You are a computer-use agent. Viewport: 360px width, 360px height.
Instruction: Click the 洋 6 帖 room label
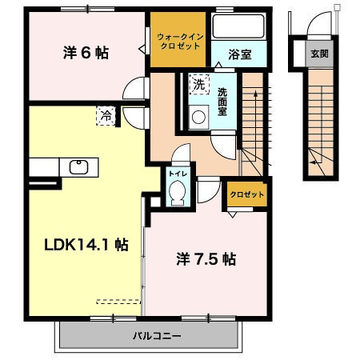(x=86, y=53)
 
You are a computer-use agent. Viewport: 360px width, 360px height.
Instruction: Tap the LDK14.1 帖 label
(x=86, y=245)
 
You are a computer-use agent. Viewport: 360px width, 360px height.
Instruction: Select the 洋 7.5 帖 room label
(x=206, y=259)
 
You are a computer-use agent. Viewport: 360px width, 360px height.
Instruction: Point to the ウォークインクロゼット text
(x=180, y=42)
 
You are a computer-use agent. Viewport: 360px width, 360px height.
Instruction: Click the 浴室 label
(x=239, y=54)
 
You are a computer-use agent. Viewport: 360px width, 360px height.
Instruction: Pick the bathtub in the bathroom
(x=238, y=26)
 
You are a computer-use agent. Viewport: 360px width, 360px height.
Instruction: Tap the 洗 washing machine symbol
(x=199, y=84)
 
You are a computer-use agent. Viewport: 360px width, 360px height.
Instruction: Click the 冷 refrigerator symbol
(x=106, y=116)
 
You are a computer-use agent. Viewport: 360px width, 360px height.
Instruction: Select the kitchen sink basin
(x=78, y=167)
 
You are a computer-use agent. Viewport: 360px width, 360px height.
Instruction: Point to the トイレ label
(x=178, y=174)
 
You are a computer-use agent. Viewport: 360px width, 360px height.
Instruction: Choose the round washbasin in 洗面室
(x=198, y=118)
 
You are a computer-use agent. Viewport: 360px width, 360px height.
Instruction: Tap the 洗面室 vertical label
(x=222, y=102)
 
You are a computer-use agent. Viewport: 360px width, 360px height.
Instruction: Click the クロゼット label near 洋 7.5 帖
(x=247, y=194)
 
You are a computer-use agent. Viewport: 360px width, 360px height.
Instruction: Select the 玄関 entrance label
(x=319, y=54)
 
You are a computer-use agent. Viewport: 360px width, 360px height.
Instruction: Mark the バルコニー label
(x=157, y=335)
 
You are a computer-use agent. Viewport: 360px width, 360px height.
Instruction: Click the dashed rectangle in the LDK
(x=118, y=302)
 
